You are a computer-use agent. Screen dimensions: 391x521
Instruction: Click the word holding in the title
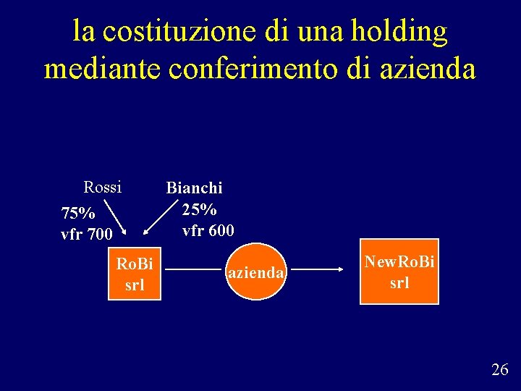399,32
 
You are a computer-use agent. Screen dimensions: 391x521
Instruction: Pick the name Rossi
102,188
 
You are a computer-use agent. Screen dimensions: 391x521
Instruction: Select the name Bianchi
194,188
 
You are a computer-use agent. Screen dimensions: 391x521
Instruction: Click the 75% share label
78,214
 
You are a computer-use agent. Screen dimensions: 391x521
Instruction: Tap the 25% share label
199,210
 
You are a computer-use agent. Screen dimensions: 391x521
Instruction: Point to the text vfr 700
86,235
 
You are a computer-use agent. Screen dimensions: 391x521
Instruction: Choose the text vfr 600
208,231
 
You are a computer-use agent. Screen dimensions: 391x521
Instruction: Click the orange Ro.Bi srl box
135,274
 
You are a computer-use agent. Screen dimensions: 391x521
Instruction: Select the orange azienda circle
256,273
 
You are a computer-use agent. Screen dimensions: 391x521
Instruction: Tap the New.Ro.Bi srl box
399,272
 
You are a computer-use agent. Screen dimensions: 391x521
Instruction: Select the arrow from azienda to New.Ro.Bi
319,269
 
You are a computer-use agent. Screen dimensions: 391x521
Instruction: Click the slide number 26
499,370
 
